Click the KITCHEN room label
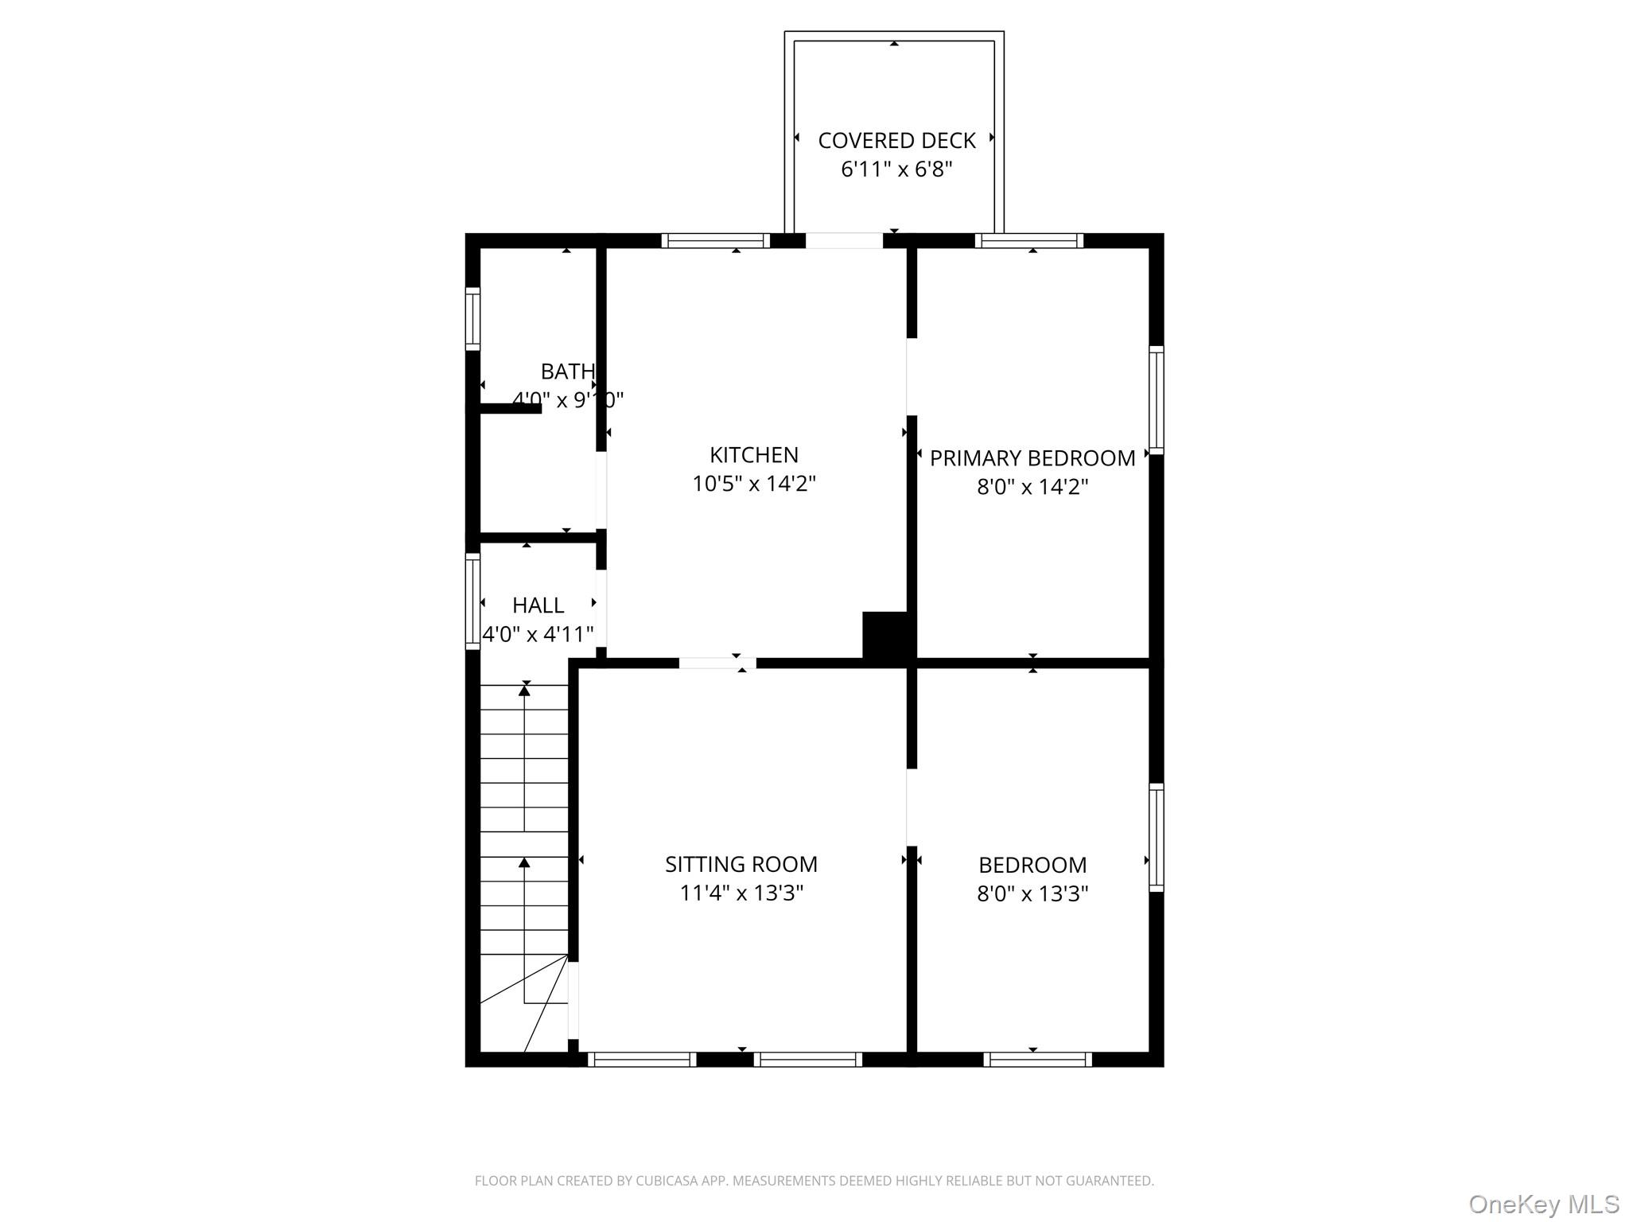753,455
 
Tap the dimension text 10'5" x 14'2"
753,484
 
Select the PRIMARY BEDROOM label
1032,458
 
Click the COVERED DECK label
896,141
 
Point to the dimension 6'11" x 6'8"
896,169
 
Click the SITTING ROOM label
741,864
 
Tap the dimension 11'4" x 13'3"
741,893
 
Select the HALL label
538,605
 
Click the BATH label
567,372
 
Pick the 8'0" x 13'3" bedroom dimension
1032,894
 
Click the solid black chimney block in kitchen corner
885,636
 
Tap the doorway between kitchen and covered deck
844,240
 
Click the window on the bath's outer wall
472,318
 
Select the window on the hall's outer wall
472,601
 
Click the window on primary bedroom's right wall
1156,400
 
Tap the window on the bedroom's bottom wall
1037,1059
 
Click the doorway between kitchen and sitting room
717,663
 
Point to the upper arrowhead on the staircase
524,691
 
